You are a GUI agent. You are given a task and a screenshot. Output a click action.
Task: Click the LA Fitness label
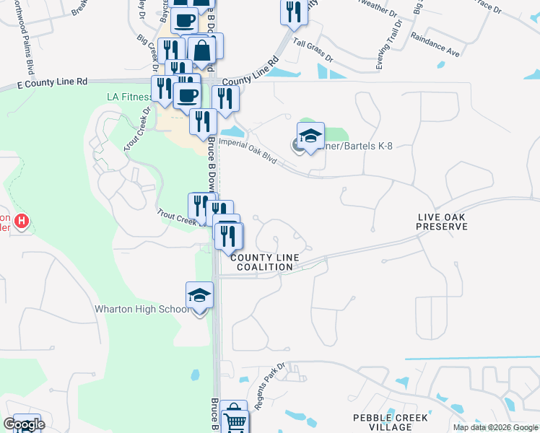(129, 97)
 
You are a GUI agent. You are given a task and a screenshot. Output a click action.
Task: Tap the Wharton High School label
(141, 309)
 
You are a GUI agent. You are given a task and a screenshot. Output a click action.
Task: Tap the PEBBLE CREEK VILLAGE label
(391, 422)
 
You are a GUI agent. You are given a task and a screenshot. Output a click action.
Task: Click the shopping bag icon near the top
(202, 51)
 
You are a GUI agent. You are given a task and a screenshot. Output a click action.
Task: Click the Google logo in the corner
(24, 424)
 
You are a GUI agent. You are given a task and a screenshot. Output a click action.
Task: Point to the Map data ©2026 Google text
(495, 427)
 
